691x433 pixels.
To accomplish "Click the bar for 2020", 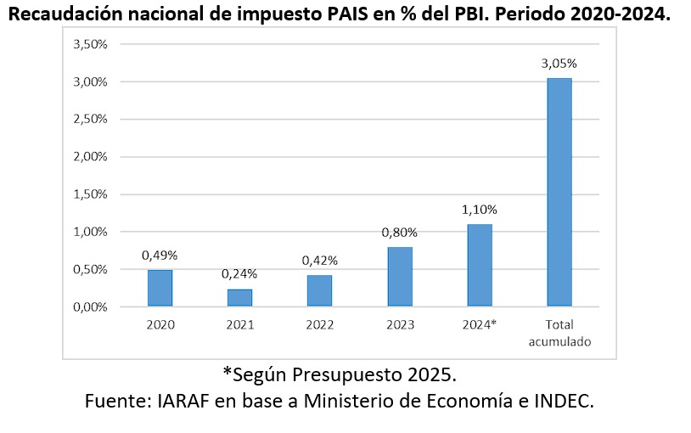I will [160, 288].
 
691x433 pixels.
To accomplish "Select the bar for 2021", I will [239, 297].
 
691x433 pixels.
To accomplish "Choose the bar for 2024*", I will [480, 265].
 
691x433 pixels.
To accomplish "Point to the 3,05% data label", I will [559, 63].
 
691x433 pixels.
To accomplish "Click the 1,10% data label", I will [480, 210].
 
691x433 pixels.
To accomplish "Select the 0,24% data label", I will [239, 273].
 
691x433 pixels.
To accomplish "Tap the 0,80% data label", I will [400, 232].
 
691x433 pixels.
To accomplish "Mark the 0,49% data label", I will [160, 255].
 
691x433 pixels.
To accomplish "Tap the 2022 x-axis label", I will [319, 324].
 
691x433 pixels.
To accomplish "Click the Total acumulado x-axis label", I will [559, 333].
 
